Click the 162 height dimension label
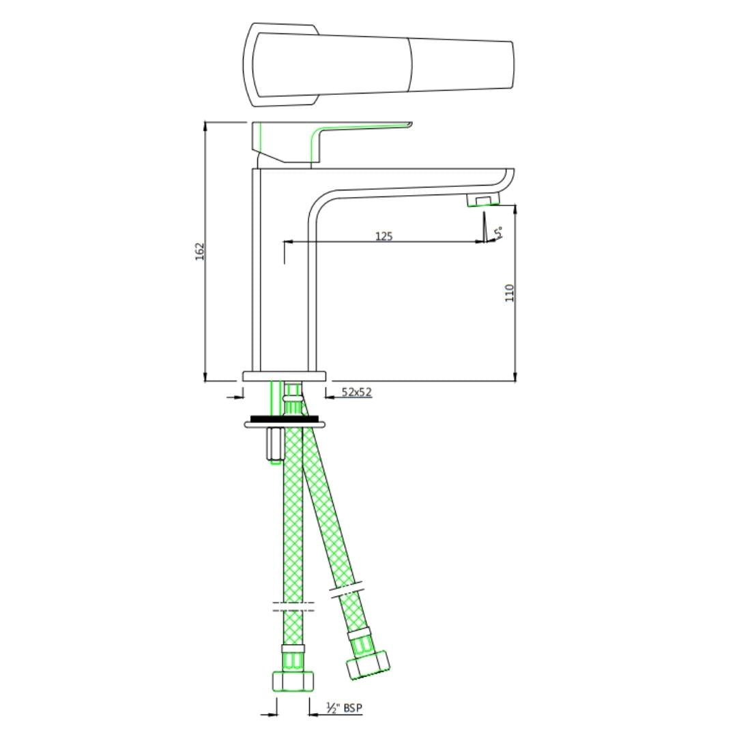coord(200,252)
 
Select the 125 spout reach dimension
coord(384,236)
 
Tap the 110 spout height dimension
coord(509,293)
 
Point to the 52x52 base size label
coord(356,392)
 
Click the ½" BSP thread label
coord(344,708)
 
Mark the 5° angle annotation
coord(500,233)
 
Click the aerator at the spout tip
coord(482,199)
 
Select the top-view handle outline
coord(379,65)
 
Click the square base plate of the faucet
coord(285,376)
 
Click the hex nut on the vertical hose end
coord(293,681)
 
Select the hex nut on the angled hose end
coord(368,665)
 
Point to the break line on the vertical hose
coord(293,606)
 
